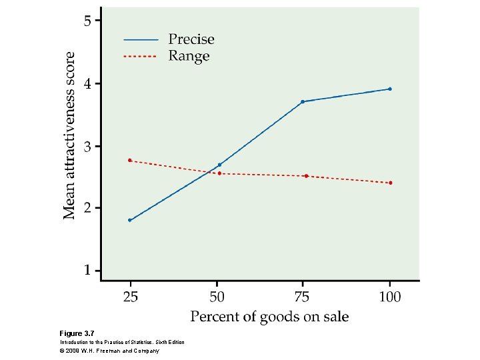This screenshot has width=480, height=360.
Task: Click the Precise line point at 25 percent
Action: pyautogui.click(x=130, y=220)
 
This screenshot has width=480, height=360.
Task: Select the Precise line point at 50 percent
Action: pyautogui.click(x=219, y=165)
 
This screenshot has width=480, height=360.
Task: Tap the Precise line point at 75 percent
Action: pyautogui.click(x=303, y=101)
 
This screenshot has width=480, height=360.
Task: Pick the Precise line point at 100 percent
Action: pyautogui.click(x=390, y=89)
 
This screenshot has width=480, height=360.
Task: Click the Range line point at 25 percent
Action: pyautogui.click(x=130, y=160)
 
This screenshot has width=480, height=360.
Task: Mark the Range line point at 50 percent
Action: pyautogui.click(x=219, y=173)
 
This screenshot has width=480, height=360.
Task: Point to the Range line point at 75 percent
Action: pyautogui.click(x=306, y=176)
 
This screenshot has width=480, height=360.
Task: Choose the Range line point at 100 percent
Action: pyautogui.click(x=391, y=183)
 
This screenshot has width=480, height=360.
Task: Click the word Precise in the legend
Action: pyautogui.click(x=191, y=40)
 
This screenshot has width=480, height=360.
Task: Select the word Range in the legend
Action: pyautogui.click(x=189, y=56)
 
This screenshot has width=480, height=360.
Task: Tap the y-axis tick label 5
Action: pyautogui.click(x=87, y=20)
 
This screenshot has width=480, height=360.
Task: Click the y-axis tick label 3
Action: pyautogui.click(x=87, y=146)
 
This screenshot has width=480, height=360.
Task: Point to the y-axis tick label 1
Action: pyautogui.click(x=87, y=271)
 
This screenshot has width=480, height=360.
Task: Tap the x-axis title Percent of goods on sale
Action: pyautogui.click(x=269, y=317)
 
